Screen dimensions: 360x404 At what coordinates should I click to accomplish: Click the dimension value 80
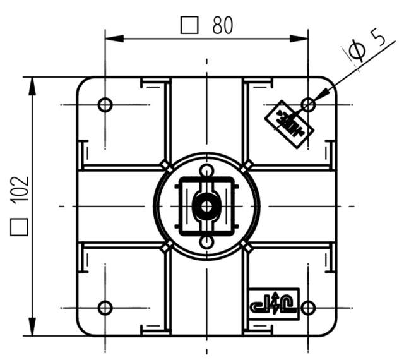pos(222,25)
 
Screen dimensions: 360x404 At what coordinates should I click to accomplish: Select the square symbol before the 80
pos(189,25)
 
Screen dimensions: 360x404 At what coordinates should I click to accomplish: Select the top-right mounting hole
pos(308,104)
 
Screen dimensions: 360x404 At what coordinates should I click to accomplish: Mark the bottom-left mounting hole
pos(105,308)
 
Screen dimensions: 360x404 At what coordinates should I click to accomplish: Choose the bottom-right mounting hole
pos(308,308)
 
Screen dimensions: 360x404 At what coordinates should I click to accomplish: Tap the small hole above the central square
pos(206,171)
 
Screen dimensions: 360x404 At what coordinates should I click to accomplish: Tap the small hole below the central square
pos(206,242)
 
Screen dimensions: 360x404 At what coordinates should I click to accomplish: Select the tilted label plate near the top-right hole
pos(288,124)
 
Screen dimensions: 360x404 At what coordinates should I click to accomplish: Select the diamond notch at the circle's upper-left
pos(165,165)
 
